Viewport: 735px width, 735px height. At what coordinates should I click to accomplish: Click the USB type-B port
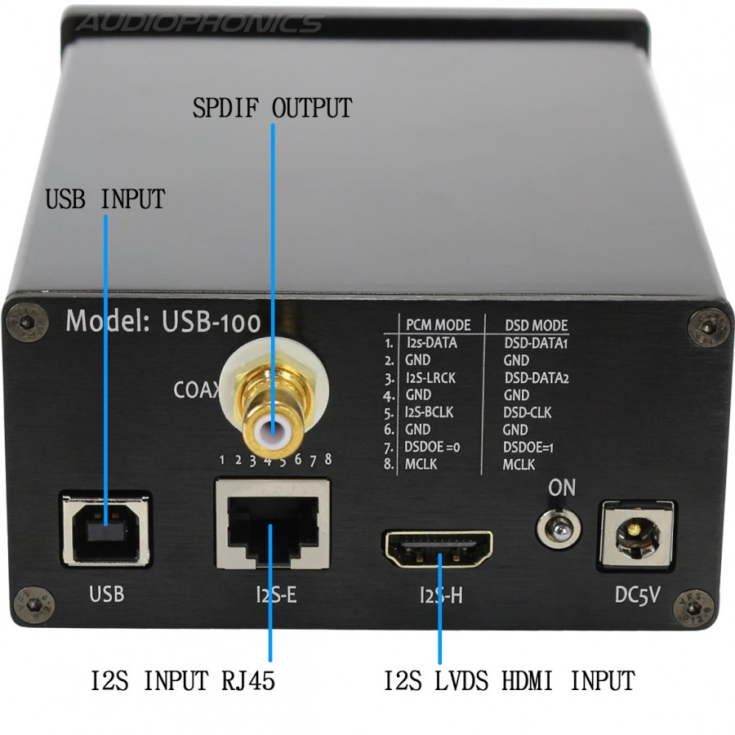[106, 528]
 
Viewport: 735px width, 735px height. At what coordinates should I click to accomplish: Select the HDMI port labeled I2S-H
[439, 549]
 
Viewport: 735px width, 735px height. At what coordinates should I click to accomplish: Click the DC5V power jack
[636, 535]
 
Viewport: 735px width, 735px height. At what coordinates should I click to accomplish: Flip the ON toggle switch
[559, 530]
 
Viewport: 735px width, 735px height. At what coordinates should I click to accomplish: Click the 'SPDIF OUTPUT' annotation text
[272, 108]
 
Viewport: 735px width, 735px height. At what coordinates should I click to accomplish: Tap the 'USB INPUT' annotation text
[105, 198]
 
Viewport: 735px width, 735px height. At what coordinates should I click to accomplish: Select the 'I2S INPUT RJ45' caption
[182, 680]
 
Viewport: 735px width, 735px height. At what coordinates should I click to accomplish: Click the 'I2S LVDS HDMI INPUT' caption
[510, 680]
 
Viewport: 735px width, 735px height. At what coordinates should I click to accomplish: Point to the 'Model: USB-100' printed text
[163, 322]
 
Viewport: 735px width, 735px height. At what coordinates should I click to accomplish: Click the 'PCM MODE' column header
[438, 325]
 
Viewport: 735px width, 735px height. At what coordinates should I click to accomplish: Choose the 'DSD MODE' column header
[537, 325]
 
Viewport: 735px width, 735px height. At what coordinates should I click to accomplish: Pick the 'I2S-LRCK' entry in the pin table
[430, 378]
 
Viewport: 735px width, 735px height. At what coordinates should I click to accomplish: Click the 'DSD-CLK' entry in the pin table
[528, 412]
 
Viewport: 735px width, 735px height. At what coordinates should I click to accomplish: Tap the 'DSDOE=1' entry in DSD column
[528, 448]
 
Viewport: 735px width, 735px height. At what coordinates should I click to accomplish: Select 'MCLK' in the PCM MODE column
[421, 464]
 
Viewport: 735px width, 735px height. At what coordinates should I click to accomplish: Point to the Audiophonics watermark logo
[198, 23]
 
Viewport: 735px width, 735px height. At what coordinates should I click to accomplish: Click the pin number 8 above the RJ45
[328, 459]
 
